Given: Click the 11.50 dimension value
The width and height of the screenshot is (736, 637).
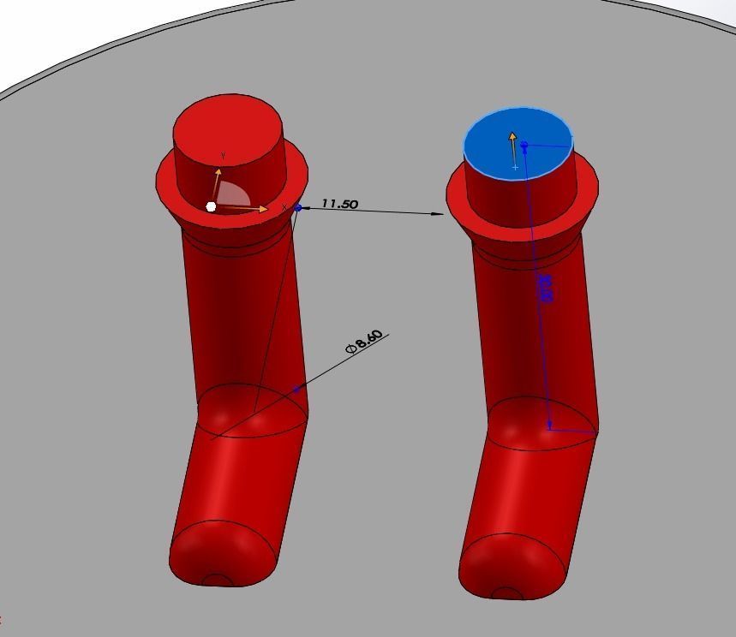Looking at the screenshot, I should click(x=339, y=204).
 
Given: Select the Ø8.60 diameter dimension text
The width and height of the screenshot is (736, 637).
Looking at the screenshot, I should click(x=365, y=341).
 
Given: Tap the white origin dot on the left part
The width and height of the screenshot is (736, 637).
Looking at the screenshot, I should click(x=212, y=206).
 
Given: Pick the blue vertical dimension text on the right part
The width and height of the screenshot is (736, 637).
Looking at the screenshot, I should click(x=544, y=288).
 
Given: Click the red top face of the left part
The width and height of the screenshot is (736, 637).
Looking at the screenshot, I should click(x=228, y=128).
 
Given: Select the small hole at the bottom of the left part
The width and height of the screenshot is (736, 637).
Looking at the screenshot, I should click(x=218, y=580).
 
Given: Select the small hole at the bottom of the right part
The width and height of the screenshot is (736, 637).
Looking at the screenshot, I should click(x=508, y=593).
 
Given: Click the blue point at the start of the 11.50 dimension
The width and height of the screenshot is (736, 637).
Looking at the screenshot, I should click(x=298, y=207).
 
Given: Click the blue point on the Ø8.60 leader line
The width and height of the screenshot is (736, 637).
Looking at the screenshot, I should click(x=296, y=390).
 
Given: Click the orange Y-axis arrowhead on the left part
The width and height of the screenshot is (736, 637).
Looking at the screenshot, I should click(x=218, y=172).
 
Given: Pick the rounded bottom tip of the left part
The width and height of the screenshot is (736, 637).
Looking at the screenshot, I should click(x=223, y=557).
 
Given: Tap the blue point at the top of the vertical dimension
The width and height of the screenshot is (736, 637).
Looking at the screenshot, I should click(x=524, y=146).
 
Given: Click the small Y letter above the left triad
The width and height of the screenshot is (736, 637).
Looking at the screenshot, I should click(x=223, y=156).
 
